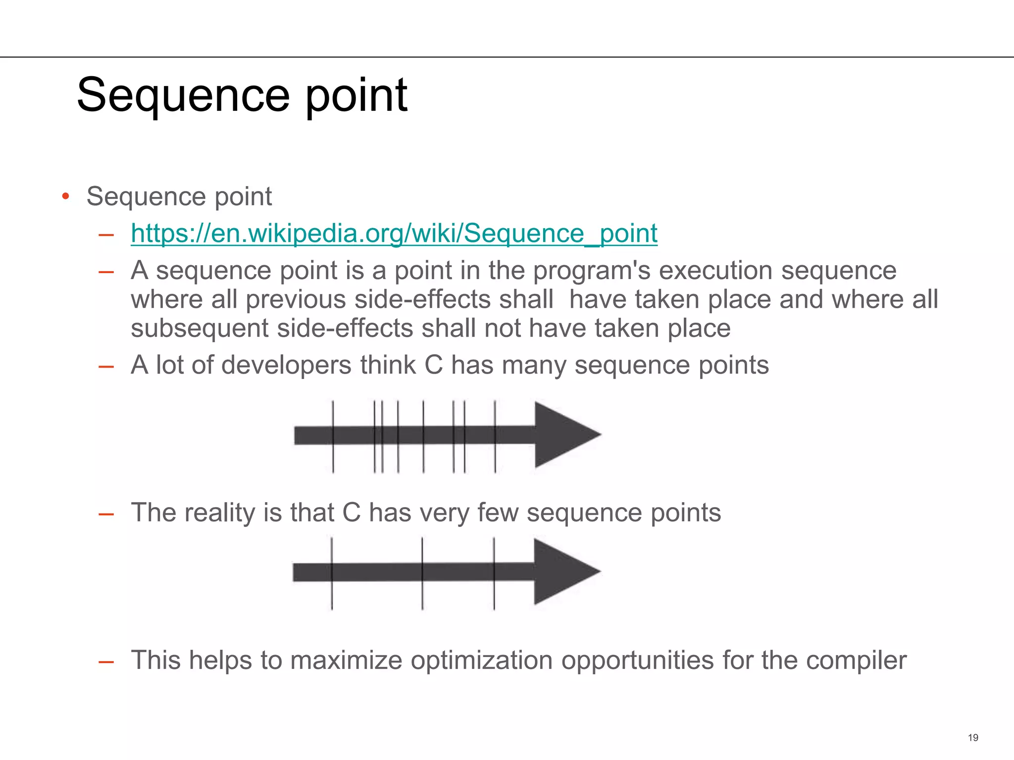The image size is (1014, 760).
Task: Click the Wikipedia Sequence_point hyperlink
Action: pyautogui.click(x=394, y=233)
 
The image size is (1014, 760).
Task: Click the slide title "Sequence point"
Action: pyautogui.click(x=242, y=95)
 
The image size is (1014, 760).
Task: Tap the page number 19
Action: pyautogui.click(x=973, y=738)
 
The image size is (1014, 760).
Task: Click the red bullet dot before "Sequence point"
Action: pyautogui.click(x=65, y=197)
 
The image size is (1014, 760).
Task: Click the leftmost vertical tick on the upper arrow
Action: pyautogui.click(x=333, y=436)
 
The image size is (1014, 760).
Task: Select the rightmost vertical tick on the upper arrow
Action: pyautogui.click(x=495, y=436)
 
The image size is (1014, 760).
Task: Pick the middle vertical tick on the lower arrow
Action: pyautogui.click(x=422, y=573)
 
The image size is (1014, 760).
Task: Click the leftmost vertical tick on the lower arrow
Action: pyautogui.click(x=332, y=573)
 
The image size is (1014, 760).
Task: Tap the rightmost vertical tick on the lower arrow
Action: pyautogui.click(x=494, y=573)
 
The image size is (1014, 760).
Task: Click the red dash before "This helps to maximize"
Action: pyautogui.click(x=106, y=661)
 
